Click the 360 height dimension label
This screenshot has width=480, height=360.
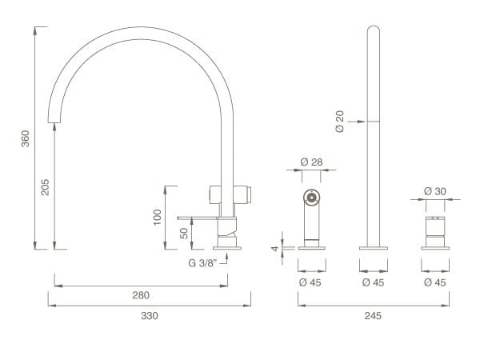pos(26,138)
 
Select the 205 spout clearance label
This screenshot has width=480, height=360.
pos(45,187)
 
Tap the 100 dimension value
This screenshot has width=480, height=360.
pos(157,218)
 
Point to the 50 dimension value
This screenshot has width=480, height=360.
pos(184,234)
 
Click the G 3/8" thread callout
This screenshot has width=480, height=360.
pos(202,263)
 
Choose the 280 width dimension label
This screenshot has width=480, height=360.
pos(141,295)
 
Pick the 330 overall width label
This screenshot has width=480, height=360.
pos(150,316)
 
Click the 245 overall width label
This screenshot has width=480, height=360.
pos(373,316)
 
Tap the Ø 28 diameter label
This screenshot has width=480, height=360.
pos(312,162)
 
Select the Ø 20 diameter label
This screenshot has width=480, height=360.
pos(340,122)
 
